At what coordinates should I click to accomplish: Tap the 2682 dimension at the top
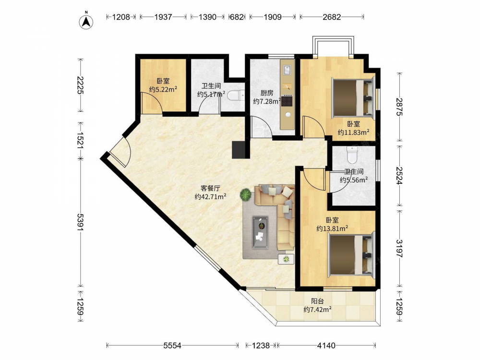point(332,17)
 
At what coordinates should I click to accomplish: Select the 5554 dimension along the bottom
point(172,346)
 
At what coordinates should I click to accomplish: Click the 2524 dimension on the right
point(399,175)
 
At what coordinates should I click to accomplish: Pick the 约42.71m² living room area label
point(210,197)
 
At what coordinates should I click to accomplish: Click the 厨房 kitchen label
point(267,93)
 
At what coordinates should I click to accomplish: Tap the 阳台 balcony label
point(317,301)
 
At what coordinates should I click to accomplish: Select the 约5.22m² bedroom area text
point(163,89)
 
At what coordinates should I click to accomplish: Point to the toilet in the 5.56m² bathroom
point(352,155)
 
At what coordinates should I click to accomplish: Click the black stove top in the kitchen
point(287,101)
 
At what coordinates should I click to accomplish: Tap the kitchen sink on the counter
point(287,70)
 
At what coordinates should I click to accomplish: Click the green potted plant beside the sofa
point(245,194)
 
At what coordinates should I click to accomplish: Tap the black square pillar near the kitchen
point(239,150)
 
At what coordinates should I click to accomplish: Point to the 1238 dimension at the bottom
point(261,346)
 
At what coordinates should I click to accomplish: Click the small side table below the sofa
point(286,259)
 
